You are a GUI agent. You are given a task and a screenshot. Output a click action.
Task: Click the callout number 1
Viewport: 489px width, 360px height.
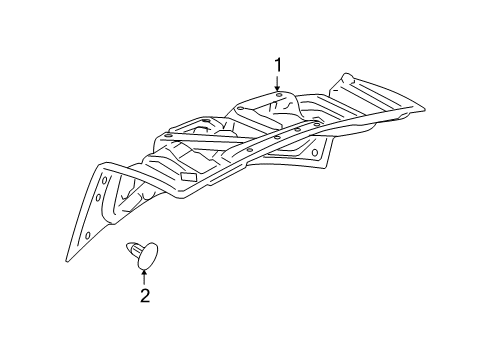point(279,66)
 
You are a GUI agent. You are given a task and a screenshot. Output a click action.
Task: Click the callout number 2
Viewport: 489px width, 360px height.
point(144,295)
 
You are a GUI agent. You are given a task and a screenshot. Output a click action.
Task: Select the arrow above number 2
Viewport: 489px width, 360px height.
point(144,274)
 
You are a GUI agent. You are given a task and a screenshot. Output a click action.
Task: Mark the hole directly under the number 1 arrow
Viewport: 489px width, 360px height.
point(279,97)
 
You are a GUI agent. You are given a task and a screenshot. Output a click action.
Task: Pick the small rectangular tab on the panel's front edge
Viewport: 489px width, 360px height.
point(187,176)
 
